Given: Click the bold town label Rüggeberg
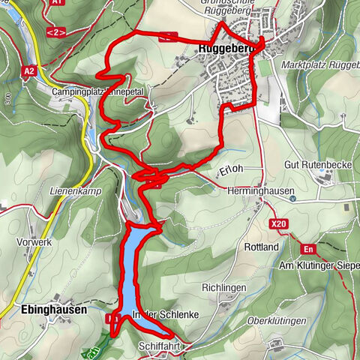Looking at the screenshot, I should coord(225,50).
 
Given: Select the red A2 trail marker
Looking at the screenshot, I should coord(29,71).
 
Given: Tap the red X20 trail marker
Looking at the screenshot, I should coord(279,223).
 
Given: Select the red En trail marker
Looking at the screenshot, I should coord(307,249).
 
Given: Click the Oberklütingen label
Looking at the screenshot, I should coord(277,321).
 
